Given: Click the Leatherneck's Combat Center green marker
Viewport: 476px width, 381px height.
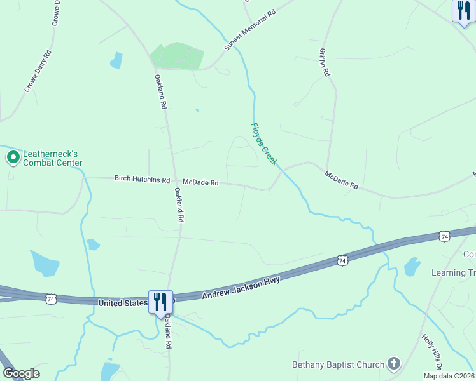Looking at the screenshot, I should pyautogui.click(x=12, y=157).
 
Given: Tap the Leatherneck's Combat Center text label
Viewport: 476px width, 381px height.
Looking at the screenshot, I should pyautogui.click(x=53, y=158).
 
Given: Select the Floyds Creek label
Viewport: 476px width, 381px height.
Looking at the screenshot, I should pyautogui.click(x=265, y=145).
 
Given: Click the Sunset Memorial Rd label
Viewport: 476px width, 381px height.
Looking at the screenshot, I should pyautogui.click(x=250, y=30).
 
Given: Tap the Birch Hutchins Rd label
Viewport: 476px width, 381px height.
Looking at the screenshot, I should pyautogui.click(x=142, y=180).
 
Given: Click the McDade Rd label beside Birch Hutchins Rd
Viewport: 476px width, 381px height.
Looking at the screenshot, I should pyautogui.click(x=200, y=182).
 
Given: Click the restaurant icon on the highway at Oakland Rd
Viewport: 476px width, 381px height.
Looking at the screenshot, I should pyautogui.click(x=160, y=302).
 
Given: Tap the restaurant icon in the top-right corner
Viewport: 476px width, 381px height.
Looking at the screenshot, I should pyautogui.click(x=463, y=11).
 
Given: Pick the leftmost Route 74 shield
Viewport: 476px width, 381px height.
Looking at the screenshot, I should pyautogui.click(x=50, y=298).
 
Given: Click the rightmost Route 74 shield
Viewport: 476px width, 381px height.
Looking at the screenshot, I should pyautogui.click(x=444, y=236).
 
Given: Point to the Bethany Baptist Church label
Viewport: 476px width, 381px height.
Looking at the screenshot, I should pyautogui.click(x=338, y=364).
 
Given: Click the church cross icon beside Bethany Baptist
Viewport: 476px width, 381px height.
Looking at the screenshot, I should pyautogui.click(x=395, y=364).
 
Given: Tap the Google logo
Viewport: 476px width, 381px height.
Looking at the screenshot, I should pyautogui.click(x=20, y=373).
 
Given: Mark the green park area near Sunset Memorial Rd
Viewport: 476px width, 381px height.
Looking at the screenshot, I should pyautogui.click(x=177, y=56).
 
